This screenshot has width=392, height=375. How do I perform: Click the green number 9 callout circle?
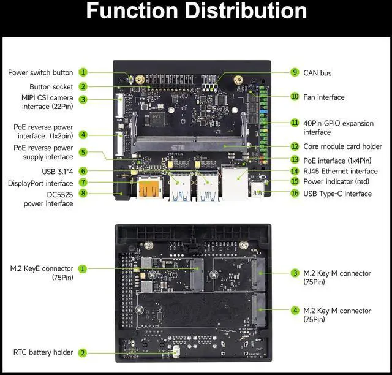pos(295,72)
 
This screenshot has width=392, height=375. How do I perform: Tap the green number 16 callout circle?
pos(295,194)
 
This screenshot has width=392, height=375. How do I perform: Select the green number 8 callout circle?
pos(83,194)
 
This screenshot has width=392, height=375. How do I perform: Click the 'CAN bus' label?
pos(317,73)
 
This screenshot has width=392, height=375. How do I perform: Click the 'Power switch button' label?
pos(40,72)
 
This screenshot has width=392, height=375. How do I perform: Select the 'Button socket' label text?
pos(51,87)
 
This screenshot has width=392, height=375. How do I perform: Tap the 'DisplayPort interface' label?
pos(40,183)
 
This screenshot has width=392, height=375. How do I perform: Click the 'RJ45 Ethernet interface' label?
pos(341,171)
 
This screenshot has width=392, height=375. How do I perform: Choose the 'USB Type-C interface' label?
pos(337,194)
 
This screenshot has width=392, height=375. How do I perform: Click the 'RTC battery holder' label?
pos(43,352)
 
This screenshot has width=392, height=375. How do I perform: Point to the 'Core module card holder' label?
pos(342,146)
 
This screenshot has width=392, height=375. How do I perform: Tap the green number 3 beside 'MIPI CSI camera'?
pos(83,99)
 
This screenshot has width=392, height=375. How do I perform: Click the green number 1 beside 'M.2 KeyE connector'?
pos(83,268)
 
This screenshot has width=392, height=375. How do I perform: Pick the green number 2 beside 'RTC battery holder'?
pos(83,352)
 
